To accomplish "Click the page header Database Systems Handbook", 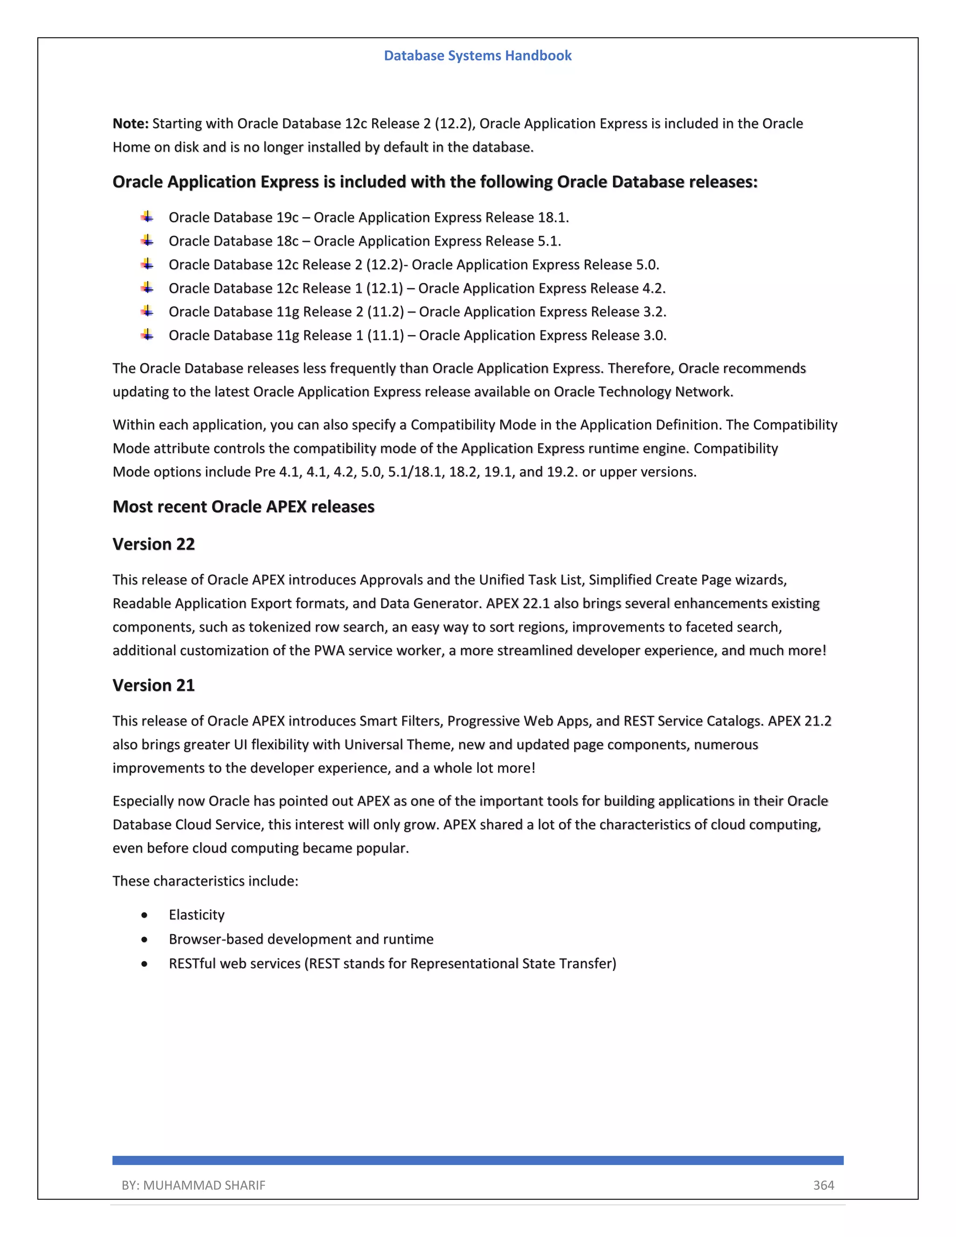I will (478, 56).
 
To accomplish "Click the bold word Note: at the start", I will (130, 124).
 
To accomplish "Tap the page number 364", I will (823, 1185).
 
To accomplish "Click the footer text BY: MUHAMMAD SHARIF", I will (193, 1185).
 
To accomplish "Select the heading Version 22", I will (154, 544).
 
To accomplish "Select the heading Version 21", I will (154, 685).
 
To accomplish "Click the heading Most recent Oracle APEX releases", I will (244, 506).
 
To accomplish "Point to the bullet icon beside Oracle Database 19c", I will (147, 217).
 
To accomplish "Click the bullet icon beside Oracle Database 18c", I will (147, 241).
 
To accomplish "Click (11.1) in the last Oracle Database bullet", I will (385, 335).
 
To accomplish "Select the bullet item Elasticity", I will (197, 915).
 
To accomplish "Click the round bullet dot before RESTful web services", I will (145, 963).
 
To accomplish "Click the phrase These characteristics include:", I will (205, 881).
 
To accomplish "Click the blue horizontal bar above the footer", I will (478, 1160).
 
